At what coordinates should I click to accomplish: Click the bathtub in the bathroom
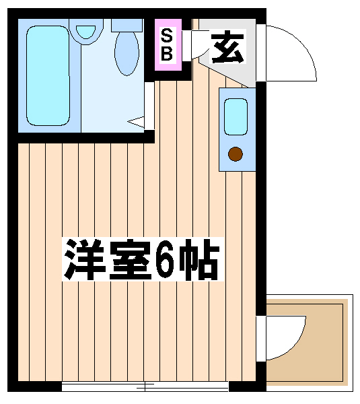pyautogui.click(x=48, y=75)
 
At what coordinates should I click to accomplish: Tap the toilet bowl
pyautogui.click(x=127, y=53)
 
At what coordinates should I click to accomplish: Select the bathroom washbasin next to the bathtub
pyautogui.click(x=85, y=31)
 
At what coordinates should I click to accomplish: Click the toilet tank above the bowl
pyautogui.click(x=127, y=25)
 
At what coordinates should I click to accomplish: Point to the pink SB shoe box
pyautogui.click(x=168, y=44)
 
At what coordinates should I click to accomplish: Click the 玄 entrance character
pyautogui.click(x=227, y=46)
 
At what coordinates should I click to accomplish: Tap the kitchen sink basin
pyautogui.click(x=236, y=116)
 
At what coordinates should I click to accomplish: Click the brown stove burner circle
pyautogui.click(x=236, y=154)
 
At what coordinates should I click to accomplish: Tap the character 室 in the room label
pyautogui.click(x=130, y=259)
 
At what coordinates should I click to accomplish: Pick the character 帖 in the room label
pyautogui.click(x=199, y=259)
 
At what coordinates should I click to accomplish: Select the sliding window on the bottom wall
pyautogui.click(x=145, y=386)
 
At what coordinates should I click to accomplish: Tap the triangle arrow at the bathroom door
pyautogui.click(x=136, y=122)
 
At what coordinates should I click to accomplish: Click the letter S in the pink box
pyautogui.click(x=166, y=36)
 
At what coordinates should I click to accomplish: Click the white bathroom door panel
pyautogui.click(x=149, y=106)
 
